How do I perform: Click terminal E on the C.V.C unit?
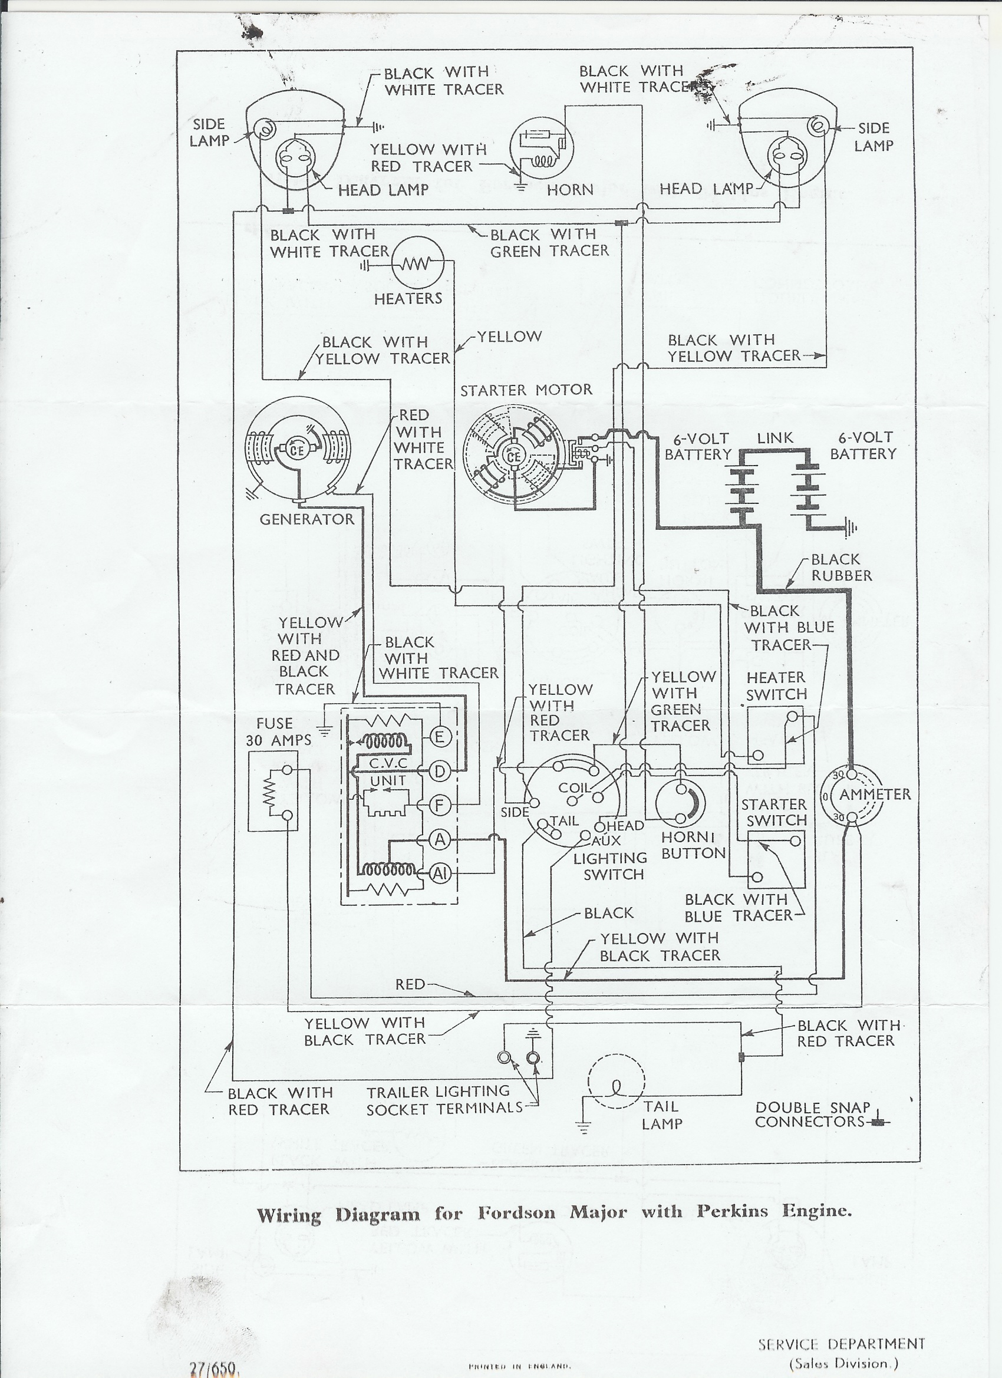click(x=439, y=737)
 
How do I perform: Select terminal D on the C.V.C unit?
click(x=439, y=771)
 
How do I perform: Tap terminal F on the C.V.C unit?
click(x=439, y=806)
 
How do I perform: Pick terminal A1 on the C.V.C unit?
click(x=439, y=873)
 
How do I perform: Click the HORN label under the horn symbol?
click(x=570, y=190)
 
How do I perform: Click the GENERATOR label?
click(x=307, y=519)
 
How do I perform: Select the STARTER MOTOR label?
click(x=526, y=390)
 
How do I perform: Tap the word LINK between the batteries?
click(x=775, y=437)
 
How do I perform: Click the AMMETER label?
click(x=875, y=794)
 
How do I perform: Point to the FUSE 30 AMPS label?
click(x=278, y=731)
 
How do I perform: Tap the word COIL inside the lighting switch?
click(x=574, y=788)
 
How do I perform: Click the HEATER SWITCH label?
click(x=777, y=685)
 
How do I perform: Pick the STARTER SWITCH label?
click(x=774, y=812)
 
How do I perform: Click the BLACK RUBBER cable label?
click(x=842, y=567)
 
